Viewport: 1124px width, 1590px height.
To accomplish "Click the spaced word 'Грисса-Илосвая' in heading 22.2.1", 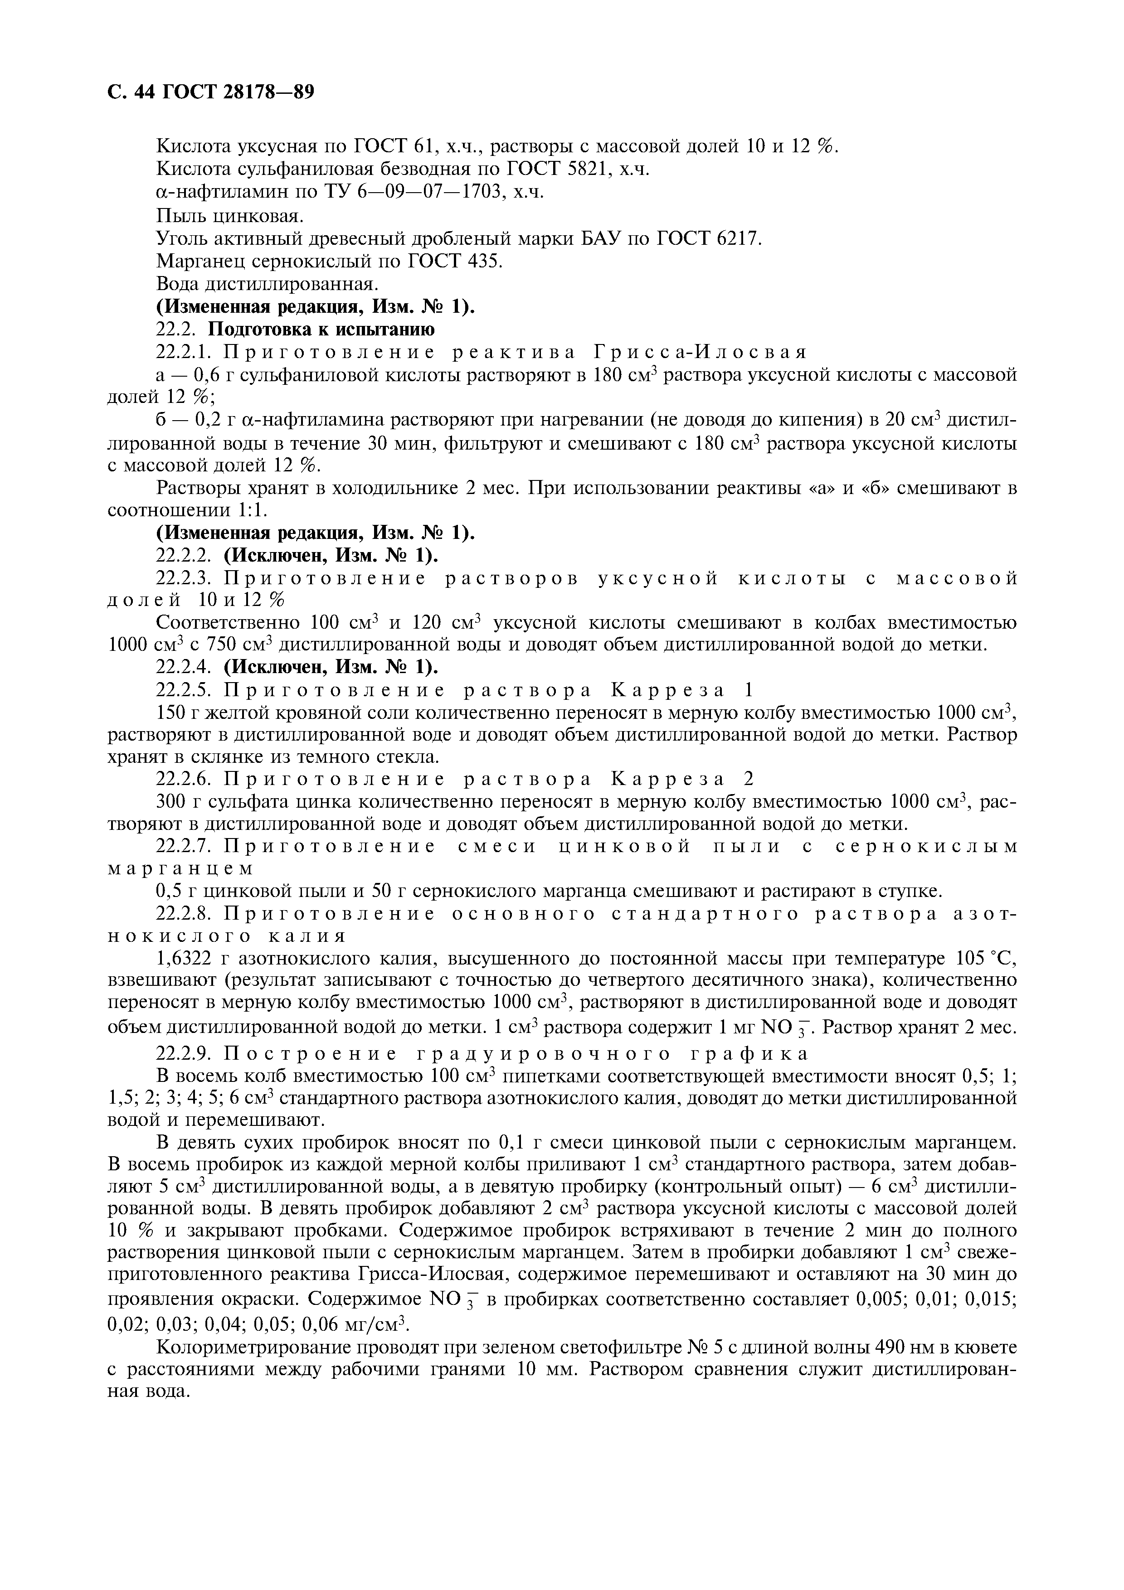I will pos(700,353).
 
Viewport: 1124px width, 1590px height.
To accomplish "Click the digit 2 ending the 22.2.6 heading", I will pos(749,779).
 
